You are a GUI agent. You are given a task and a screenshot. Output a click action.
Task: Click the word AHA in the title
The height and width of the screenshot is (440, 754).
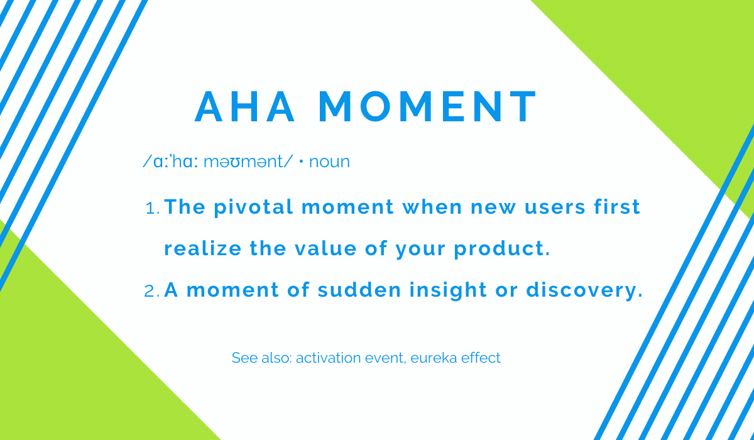coord(244,106)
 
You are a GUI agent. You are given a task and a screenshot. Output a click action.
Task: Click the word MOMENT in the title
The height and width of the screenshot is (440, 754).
coord(427,106)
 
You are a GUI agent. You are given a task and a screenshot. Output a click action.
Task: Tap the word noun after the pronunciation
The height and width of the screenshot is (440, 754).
coord(329,162)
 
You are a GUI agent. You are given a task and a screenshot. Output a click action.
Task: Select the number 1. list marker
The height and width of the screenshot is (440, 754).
coord(153,209)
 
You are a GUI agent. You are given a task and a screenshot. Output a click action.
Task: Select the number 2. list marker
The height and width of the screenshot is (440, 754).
coord(152,292)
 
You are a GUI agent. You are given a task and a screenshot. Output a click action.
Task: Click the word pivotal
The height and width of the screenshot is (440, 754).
coord(253,207)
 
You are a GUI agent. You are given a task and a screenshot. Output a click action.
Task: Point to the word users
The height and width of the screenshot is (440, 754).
coord(555,207)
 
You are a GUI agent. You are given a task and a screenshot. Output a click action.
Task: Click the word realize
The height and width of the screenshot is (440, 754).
coord(202,248)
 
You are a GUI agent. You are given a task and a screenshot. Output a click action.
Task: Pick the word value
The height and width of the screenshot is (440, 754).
coord(325,248)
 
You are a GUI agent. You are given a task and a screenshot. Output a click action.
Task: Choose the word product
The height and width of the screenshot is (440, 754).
coord(502,249)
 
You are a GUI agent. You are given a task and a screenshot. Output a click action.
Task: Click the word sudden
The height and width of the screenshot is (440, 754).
coord(359,290)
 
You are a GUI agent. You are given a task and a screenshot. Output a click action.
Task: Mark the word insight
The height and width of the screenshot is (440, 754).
coord(448,290)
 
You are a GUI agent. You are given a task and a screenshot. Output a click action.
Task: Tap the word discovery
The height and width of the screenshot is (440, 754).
coord(584,290)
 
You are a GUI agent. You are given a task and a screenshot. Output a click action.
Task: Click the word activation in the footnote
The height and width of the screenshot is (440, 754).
coord(328,358)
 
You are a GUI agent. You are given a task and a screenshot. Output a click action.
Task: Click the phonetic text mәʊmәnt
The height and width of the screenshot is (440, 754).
coord(244,162)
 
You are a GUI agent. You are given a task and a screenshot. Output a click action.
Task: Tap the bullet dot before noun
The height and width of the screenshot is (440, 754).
coord(301,162)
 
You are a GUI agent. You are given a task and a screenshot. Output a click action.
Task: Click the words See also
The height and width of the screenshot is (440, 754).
coord(262,358)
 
